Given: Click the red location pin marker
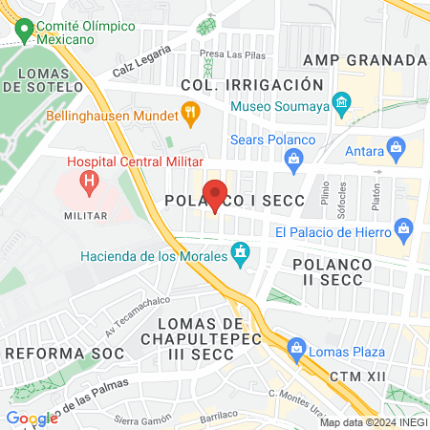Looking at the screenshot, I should pyautogui.click(x=216, y=194).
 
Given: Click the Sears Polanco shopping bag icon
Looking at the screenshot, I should pyautogui.click(x=294, y=157).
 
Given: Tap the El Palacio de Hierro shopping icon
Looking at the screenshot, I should pyautogui.click(x=403, y=230).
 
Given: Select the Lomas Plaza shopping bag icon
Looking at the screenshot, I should pyautogui.click(x=296, y=348).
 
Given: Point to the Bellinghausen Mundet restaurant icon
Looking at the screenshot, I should pyautogui.click(x=190, y=116).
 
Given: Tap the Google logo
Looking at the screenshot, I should pyautogui.click(x=32, y=418).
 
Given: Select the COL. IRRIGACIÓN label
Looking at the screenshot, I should pyautogui.click(x=245, y=85).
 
